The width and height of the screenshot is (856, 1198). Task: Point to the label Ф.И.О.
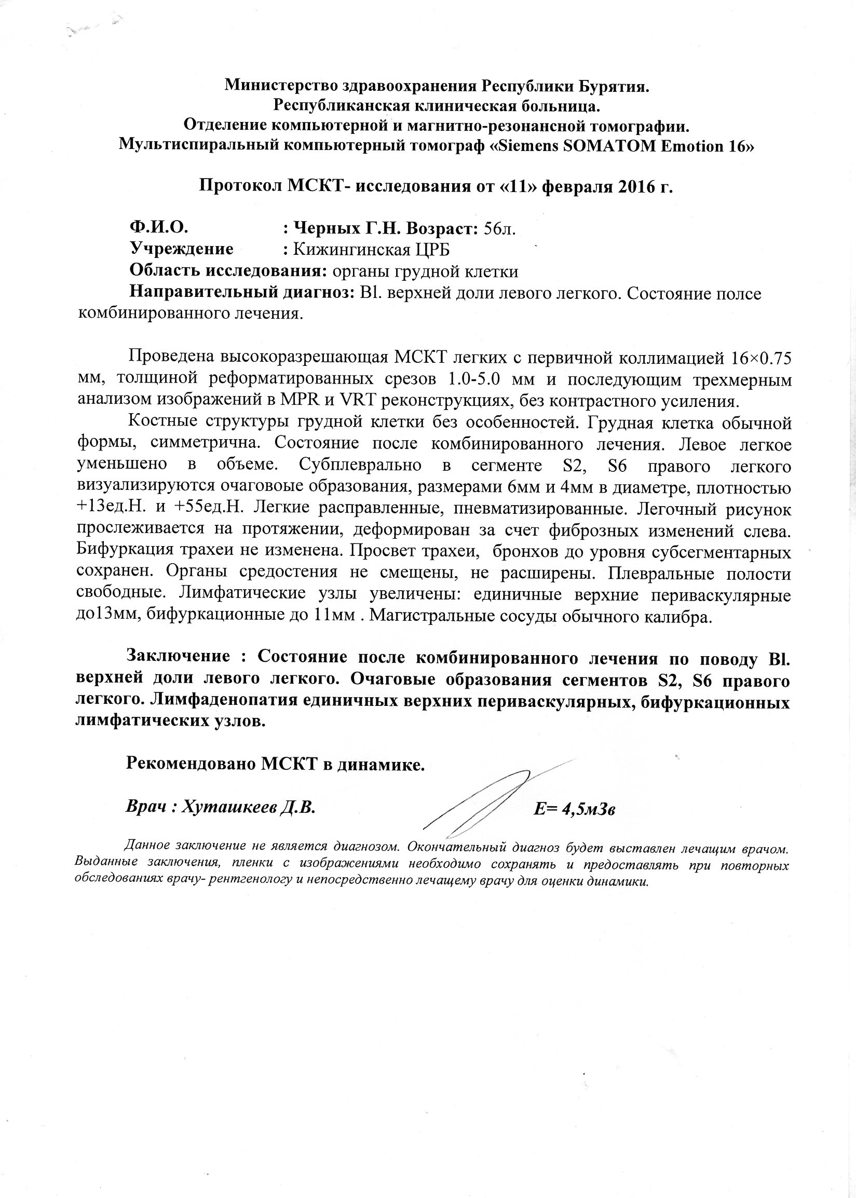coord(159,227)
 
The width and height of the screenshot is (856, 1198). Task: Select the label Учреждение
coord(181,249)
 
